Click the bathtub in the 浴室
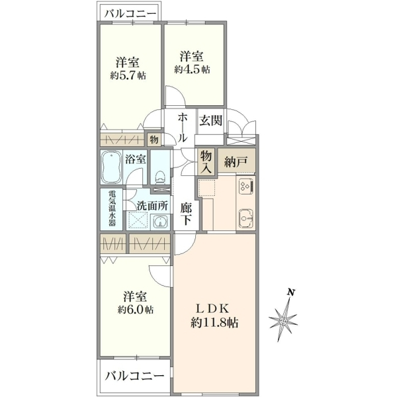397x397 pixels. tap(111, 167)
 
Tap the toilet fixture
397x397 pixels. tap(159, 177)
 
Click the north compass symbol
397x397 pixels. tap(283, 320)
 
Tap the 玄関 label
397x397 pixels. tap(210, 120)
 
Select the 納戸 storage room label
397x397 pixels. tap(236, 161)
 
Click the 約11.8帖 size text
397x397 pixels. tap(214, 323)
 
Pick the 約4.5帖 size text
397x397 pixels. tap(192, 69)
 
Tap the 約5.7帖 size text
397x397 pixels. tap(128, 75)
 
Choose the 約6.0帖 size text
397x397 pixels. tap(135, 310)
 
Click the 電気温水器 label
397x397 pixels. tap(112, 208)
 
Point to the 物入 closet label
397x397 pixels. tap(206, 162)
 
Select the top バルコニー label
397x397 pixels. tap(130, 13)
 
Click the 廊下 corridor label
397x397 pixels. tap(187, 214)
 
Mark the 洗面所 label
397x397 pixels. tap(152, 206)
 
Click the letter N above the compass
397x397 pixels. tap(291, 292)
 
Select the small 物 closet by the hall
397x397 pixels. tap(154, 140)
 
